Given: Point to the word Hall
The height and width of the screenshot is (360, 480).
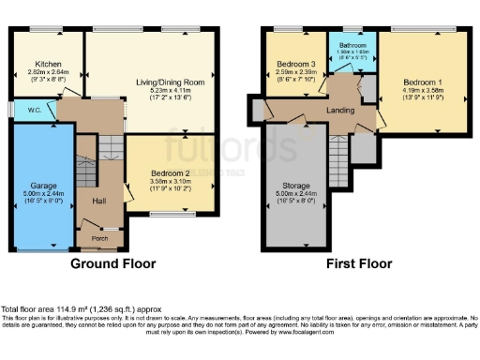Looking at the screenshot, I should tap(98, 200).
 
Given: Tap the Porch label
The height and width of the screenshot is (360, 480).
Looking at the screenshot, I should tap(98, 236).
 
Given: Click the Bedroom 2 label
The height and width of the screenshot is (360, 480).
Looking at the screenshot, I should tap(170, 172).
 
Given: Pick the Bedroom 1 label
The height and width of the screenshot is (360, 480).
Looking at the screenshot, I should tap(422, 82).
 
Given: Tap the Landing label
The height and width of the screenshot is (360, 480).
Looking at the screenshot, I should tap(340, 109).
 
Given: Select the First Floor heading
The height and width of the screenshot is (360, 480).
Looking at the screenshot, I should tap(357, 264).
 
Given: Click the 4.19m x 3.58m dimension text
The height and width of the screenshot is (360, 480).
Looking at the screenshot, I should tap(422, 89).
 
